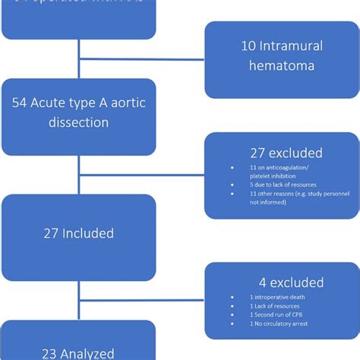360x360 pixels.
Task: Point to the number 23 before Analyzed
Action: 52,352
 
